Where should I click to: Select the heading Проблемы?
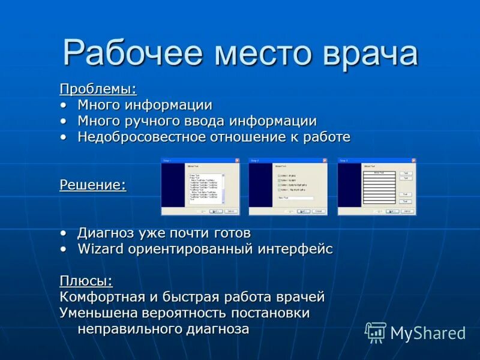(x=98, y=89)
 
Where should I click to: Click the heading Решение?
(x=92, y=185)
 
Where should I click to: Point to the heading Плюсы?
(x=86, y=281)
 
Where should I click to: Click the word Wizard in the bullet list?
(x=100, y=249)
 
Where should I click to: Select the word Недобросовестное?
(x=141, y=137)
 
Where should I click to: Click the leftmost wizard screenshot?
(x=200, y=187)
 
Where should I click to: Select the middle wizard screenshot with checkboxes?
(x=288, y=187)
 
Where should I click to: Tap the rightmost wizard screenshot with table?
(x=376, y=187)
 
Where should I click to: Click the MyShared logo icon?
(x=376, y=332)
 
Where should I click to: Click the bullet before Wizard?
(x=64, y=249)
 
